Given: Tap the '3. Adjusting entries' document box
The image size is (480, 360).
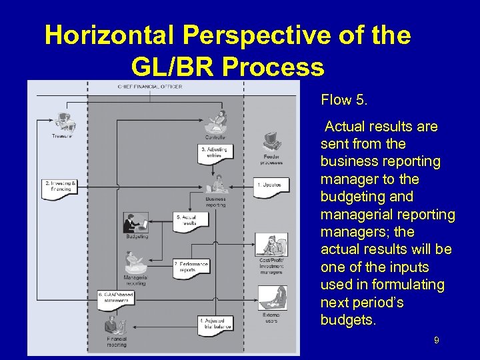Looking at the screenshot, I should point(215,153).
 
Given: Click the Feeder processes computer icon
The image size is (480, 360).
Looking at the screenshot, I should point(271,143).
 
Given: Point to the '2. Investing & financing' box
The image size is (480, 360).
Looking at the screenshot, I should point(59,186).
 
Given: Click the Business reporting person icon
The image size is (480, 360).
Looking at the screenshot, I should point(215,185).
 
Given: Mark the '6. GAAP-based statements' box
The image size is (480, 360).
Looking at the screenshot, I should point(116,297).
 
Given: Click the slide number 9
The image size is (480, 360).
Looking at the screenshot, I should point(436,341).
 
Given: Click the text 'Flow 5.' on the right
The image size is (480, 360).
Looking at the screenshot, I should point(344,101).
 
